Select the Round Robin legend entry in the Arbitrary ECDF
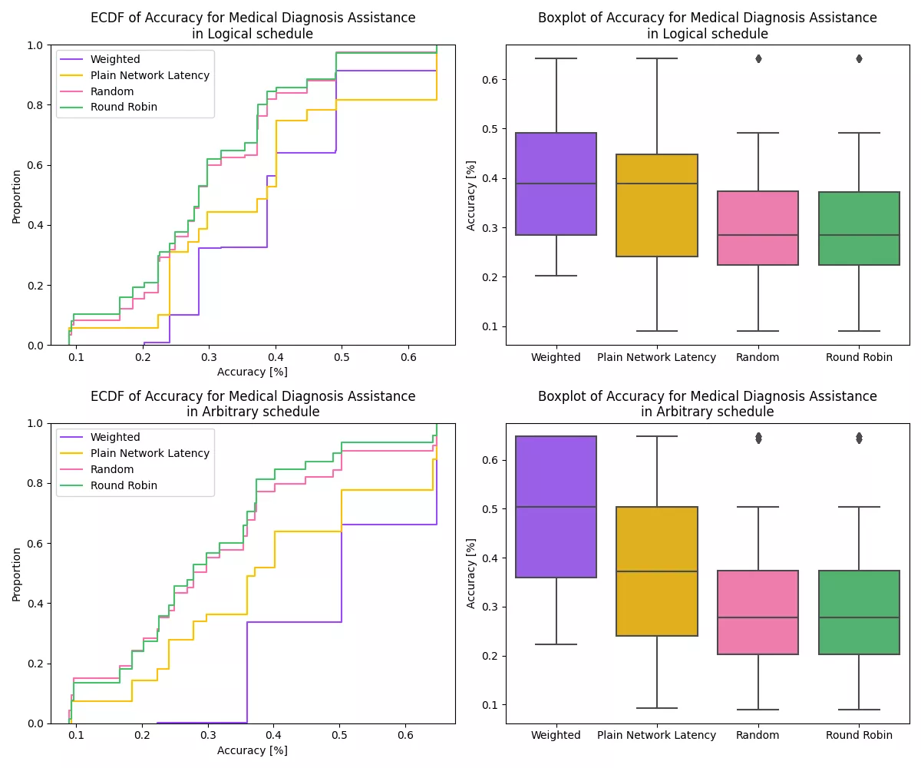pos(124,485)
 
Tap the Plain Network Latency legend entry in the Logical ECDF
pos(150,75)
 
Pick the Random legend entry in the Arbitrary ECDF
pos(112,469)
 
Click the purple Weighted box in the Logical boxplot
pos(556,184)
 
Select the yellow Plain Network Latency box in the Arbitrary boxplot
pos(657,571)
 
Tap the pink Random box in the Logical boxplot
pos(758,228)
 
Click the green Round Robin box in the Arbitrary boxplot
pos(859,612)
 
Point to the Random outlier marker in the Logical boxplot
pos(758,58)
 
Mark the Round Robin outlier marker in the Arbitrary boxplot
pos(859,438)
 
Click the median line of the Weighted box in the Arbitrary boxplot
pos(556,507)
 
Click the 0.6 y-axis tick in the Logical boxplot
pos(488,79)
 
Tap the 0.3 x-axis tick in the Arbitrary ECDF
pos(208,735)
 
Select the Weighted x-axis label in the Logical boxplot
pos(556,357)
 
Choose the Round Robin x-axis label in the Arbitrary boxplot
pos(859,735)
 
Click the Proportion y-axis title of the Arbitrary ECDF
pos(16,574)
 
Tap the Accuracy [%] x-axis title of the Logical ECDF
pos(253,372)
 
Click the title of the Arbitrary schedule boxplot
pos(707,404)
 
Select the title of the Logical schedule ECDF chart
pos(253,25)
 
